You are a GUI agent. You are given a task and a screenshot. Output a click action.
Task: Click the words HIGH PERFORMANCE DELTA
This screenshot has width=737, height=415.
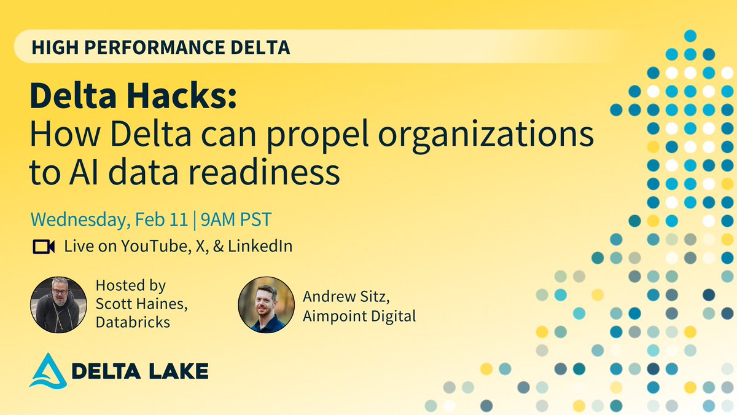click(161, 48)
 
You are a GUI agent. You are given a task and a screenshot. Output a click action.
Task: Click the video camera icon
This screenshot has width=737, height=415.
click(44, 247)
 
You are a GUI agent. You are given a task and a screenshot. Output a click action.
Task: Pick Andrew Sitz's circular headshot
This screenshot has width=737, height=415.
click(265, 304)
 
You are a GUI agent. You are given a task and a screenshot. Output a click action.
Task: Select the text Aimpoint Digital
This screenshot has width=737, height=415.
click(360, 316)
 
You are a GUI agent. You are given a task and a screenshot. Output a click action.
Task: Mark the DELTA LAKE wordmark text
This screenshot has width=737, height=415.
click(140, 371)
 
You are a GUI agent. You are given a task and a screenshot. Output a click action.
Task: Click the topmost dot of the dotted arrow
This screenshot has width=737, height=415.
click(690, 36)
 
